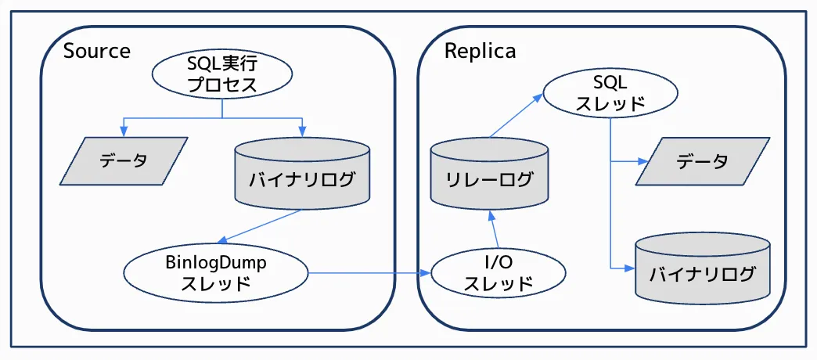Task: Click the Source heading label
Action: coord(96,52)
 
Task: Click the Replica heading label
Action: coord(480,52)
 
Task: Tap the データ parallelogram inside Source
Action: coord(124,161)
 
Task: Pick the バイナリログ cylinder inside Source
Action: coord(302,177)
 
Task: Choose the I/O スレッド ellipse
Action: coord(498,273)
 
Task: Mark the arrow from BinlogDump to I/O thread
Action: coord(368,273)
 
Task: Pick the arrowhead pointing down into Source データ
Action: coord(123,130)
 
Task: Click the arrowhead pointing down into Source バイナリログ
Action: coord(302,130)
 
